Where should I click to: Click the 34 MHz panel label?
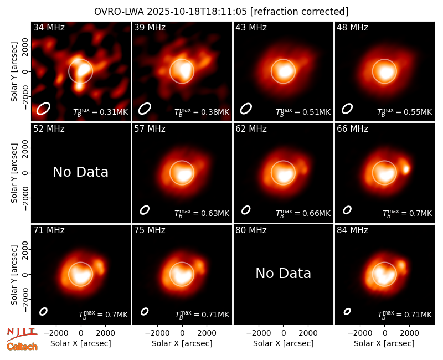pyautogui.click(x=49, y=27)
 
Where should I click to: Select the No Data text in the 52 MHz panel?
pyautogui.click(x=80, y=172)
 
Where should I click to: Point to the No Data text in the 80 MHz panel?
pyautogui.click(x=283, y=273)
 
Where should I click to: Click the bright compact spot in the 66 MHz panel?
pyautogui.click(x=406, y=169)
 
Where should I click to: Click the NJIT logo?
pyautogui.click(x=22, y=334)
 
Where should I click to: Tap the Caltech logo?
pyautogui.click(x=22, y=347)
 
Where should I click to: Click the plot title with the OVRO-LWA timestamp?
pyautogui.click(x=221, y=12)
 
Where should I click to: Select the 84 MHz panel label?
pyautogui.click(x=352, y=230)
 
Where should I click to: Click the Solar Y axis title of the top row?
pyautogui.click(x=14, y=72)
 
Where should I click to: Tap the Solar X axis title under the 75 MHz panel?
pyautogui.click(x=182, y=343)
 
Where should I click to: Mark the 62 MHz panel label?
pyautogui.click(x=251, y=129)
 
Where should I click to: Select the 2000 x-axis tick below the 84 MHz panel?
pyautogui.click(x=409, y=333)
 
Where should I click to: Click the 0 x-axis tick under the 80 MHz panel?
pyautogui.click(x=284, y=333)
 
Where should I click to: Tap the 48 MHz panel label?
pyautogui.click(x=352, y=27)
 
